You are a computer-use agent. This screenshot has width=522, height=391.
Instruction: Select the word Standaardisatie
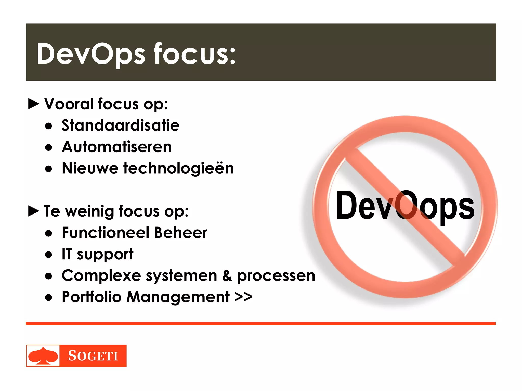click(121, 125)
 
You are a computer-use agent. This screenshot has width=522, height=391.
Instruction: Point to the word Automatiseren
click(117, 147)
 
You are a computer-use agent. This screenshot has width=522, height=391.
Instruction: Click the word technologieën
click(178, 169)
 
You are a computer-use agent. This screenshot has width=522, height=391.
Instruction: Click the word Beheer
click(181, 233)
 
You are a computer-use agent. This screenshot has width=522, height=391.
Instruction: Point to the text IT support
click(97, 254)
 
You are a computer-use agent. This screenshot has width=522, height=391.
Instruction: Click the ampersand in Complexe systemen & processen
click(227, 276)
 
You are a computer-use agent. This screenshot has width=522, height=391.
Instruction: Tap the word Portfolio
click(92, 297)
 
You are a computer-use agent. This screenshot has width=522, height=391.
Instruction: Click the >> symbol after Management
click(243, 297)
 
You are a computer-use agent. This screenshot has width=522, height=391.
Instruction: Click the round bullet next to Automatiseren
click(48, 147)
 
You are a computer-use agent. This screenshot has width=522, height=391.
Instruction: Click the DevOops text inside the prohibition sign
click(405, 206)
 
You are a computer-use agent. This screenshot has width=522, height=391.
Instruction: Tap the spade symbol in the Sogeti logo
click(43, 356)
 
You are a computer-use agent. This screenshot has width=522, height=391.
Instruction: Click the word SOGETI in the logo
click(93, 356)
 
